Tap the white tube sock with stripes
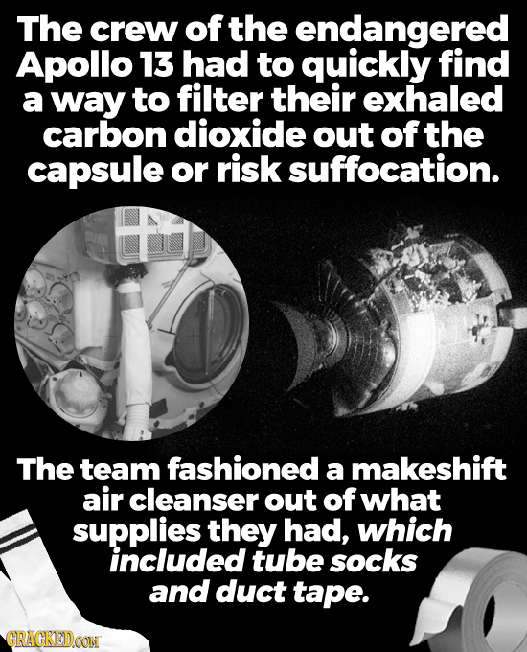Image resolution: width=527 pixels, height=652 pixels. click(34, 575)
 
